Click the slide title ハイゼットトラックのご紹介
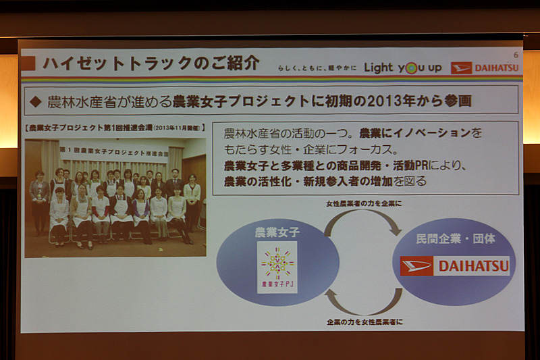coord(150,64)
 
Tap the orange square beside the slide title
coord(28,64)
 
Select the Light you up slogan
coord(403,68)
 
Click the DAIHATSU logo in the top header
coord(484,68)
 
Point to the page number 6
coord(516,54)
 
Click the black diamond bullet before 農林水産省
coord(36,102)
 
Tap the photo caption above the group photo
coord(113,126)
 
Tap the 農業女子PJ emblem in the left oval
coord(277,267)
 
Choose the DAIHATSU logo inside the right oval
coord(454,266)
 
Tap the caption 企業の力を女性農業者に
coord(364,322)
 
